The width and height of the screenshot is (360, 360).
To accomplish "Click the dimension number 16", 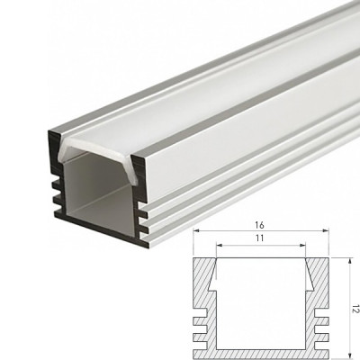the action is tap(260, 225).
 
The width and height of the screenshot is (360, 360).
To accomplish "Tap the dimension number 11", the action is tap(260, 238).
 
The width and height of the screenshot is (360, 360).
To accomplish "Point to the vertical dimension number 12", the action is tap(355, 309).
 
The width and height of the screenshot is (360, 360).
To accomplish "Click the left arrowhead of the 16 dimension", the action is tap(196, 230).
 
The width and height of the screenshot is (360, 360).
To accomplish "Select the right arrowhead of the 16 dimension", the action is tap(326, 230).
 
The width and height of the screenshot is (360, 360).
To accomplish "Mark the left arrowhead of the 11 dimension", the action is tap(220, 245).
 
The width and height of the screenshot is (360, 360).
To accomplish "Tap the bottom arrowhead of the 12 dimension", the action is tap(349, 355).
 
